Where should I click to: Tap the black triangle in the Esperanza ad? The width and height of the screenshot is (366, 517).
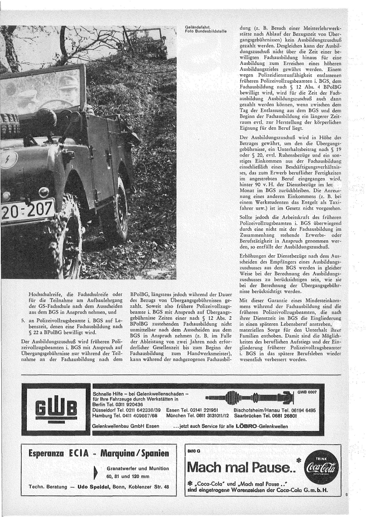pos(97,472)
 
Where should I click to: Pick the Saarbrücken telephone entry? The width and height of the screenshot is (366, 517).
pos(267,415)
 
